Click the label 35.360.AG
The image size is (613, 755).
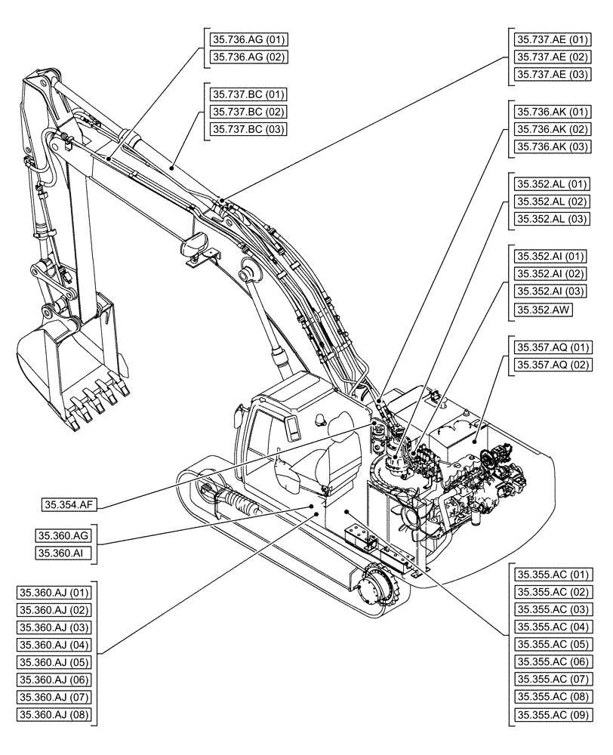(x=64, y=536)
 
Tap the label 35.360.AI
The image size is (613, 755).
(x=63, y=553)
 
